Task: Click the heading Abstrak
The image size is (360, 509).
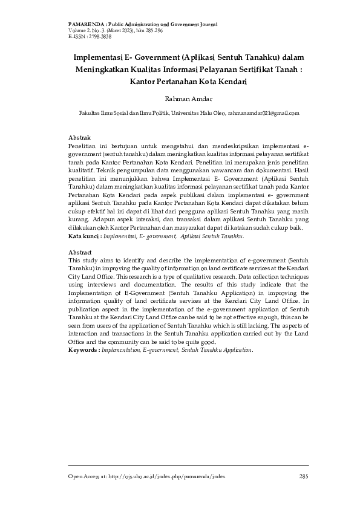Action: point(79,138)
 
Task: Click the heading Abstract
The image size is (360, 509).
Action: point(80,251)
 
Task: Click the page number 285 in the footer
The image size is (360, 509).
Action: point(303,477)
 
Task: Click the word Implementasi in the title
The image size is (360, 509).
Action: point(96,57)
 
